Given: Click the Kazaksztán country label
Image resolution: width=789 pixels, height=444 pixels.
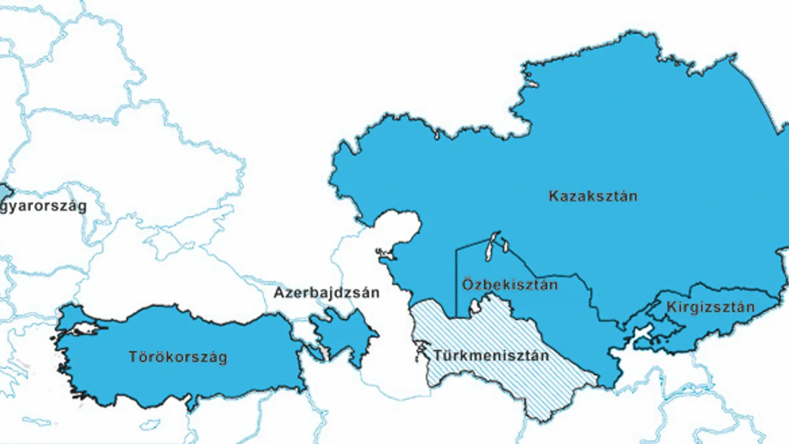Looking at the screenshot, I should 592,196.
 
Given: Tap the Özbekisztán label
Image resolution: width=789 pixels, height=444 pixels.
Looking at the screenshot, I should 510,285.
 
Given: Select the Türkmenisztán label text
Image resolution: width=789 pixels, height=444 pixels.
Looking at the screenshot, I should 491,356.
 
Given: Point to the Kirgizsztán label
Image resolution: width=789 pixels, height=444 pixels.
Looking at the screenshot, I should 710,307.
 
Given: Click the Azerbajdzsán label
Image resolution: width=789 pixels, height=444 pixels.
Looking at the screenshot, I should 326,293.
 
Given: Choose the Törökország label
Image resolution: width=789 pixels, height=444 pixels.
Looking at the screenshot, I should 177,357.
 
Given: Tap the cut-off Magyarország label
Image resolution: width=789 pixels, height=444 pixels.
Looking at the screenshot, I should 43,206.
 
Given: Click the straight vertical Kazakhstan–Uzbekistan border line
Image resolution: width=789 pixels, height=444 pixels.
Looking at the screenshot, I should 456,281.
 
